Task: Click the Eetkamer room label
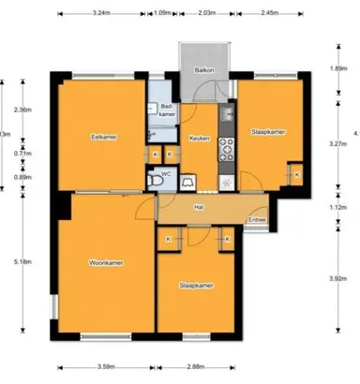(x=90, y=138)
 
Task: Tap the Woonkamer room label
(x=108, y=262)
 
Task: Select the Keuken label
(x=199, y=138)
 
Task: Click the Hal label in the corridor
(x=199, y=206)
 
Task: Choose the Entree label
(x=256, y=221)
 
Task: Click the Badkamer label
(x=168, y=111)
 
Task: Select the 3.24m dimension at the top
(x=104, y=14)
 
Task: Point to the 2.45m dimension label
(x=270, y=14)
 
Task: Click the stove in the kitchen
(x=225, y=147)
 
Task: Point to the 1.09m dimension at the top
(x=161, y=14)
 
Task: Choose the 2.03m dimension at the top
(x=207, y=14)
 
